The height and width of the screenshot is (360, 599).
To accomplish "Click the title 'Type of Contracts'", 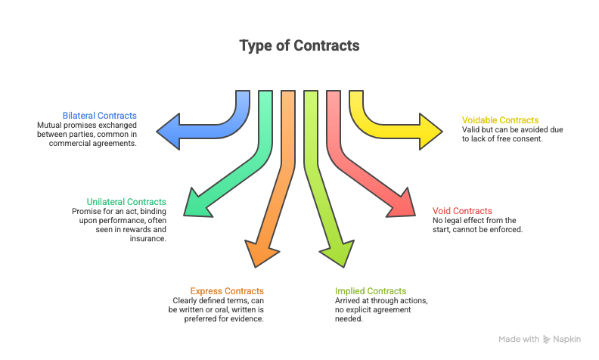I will click(299, 45).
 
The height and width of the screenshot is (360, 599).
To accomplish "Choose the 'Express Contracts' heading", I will click(227, 291).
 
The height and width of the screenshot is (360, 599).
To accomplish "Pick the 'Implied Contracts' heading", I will click(371, 291).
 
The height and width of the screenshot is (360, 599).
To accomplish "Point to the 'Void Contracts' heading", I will click(462, 211).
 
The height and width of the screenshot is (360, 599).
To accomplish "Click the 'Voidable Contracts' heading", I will click(500, 120).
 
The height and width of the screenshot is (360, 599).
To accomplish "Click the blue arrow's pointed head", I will click(167, 126).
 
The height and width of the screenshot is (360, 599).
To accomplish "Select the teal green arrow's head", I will click(197, 204).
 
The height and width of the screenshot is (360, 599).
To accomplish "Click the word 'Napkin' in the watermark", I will click(566, 340).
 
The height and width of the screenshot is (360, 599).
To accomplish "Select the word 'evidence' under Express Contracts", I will click(244, 318).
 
